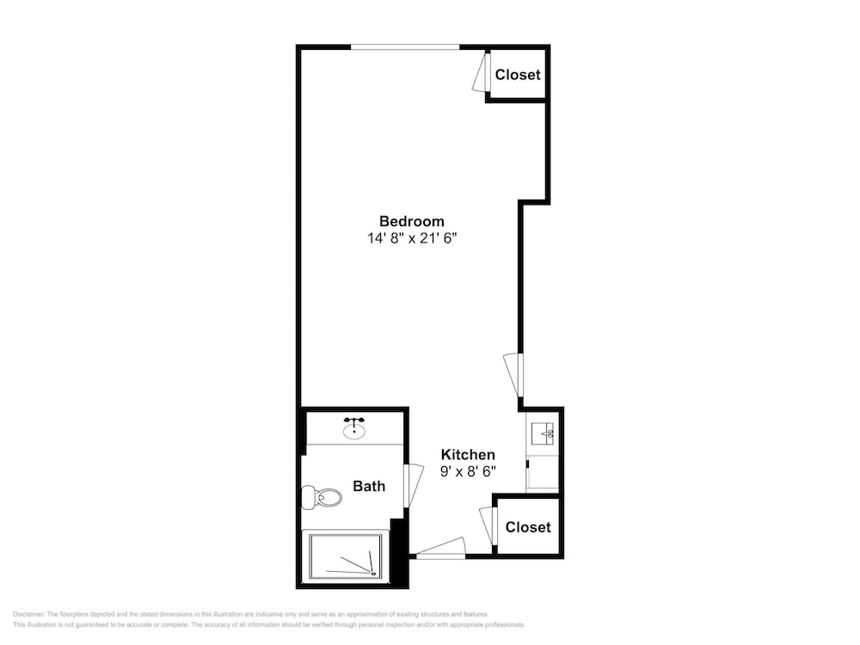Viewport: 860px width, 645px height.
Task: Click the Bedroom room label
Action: tap(411, 221)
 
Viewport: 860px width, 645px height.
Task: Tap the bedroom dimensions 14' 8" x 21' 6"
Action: tap(412, 238)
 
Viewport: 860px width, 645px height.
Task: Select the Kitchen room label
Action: tap(468, 455)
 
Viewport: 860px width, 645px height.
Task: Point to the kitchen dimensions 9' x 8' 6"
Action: tap(468, 471)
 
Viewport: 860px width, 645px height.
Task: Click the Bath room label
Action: tap(369, 486)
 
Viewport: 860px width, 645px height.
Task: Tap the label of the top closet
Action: tap(518, 75)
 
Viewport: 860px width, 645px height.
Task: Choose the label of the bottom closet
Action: tap(528, 527)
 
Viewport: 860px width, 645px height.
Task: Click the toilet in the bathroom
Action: tap(322, 497)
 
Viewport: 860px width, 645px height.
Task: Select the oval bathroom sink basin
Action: tap(354, 432)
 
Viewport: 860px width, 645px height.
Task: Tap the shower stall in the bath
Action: tap(346, 556)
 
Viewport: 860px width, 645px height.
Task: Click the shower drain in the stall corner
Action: tap(374, 574)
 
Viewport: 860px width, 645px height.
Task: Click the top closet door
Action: tap(481, 72)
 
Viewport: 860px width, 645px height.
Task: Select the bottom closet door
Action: tap(488, 526)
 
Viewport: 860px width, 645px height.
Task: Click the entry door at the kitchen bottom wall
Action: tap(441, 548)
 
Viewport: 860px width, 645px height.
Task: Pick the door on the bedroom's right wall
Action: tap(513, 375)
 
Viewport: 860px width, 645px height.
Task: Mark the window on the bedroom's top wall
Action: tap(405, 47)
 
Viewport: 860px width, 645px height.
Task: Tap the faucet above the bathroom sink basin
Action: tap(354, 421)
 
